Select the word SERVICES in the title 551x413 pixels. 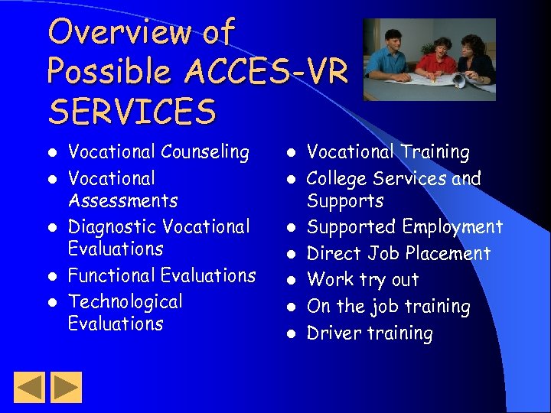pos(131,112)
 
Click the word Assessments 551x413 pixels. pos(122,200)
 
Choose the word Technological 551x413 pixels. pos(126,302)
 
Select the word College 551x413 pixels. pos(337,179)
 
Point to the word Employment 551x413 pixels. pos(452,227)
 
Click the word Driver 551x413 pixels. pos(334,333)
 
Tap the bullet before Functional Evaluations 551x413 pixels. pos(53,276)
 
